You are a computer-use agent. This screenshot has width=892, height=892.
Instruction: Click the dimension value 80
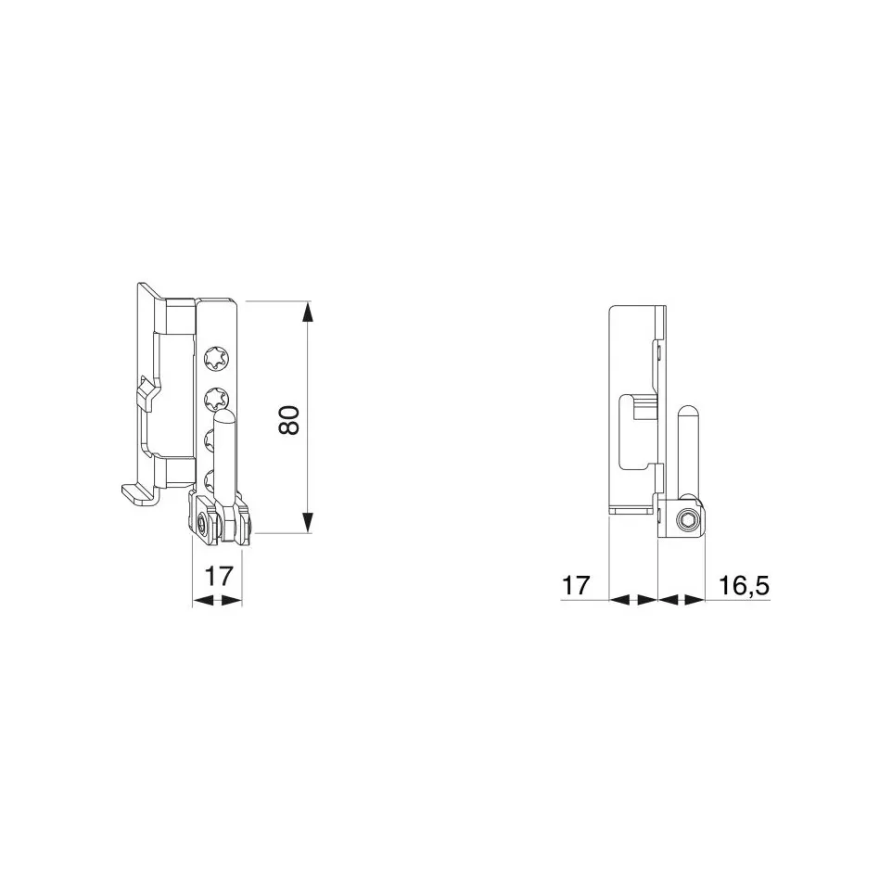tap(288, 421)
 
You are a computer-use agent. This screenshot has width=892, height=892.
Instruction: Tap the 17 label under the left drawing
tap(218, 576)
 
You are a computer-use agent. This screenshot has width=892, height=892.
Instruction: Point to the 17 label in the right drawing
tap(576, 586)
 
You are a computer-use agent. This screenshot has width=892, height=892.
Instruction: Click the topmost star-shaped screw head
tap(215, 357)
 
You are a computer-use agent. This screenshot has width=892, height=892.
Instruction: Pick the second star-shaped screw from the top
tap(215, 399)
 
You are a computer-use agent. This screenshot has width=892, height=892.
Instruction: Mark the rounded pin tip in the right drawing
tap(687, 411)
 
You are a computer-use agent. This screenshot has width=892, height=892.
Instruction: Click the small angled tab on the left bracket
tap(147, 393)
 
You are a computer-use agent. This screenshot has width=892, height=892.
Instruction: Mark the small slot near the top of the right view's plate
tap(656, 351)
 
